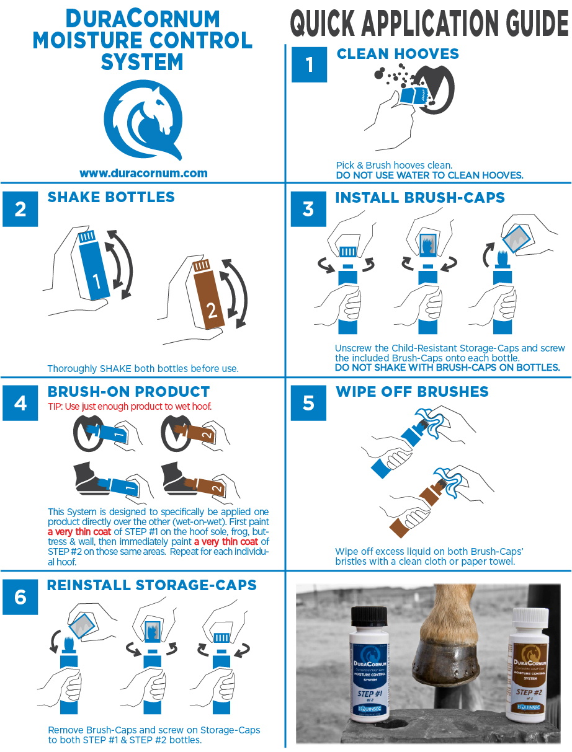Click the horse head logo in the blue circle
click(x=143, y=120)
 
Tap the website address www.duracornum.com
click(x=143, y=173)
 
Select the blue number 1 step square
click(x=309, y=64)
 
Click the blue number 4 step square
click(x=20, y=403)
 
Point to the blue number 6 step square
click(x=20, y=597)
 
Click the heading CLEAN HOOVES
click(x=398, y=54)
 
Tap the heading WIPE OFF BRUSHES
click(x=412, y=392)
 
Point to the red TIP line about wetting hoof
click(x=130, y=406)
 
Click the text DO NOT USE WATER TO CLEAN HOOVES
click(x=429, y=175)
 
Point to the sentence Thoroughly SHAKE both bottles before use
click(x=143, y=369)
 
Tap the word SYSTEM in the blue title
click(x=142, y=62)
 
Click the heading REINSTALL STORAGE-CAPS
click(x=151, y=585)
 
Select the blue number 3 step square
click(x=308, y=209)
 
